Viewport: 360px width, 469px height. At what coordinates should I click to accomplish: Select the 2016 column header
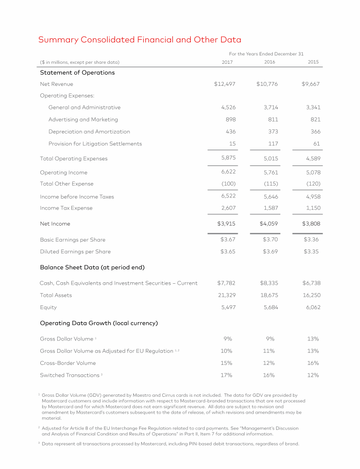[270, 62]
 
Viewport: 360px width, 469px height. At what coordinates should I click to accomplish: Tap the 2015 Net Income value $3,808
[311, 224]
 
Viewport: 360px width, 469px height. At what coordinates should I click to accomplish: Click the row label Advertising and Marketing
[83, 120]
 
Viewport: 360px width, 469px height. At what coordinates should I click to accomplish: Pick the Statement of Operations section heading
[77, 73]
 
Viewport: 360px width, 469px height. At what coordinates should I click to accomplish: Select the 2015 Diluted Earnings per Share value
[311, 251]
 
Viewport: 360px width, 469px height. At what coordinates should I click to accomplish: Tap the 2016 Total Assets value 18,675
[269, 295]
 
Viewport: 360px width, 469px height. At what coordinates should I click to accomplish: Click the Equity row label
[48, 307]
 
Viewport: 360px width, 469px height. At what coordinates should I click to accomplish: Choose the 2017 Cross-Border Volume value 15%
[226, 363]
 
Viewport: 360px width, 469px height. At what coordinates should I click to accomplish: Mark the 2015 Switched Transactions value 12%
[313, 375]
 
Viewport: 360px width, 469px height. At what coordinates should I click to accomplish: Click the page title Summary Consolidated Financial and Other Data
[140, 40]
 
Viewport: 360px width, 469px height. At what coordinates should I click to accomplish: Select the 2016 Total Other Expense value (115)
[269, 184]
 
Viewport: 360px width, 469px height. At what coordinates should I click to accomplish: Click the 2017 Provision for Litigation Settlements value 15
[232, 144]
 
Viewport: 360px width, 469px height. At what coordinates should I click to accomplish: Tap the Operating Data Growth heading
[98, 323]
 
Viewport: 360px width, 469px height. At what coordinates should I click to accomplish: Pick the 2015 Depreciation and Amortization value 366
[315, 132]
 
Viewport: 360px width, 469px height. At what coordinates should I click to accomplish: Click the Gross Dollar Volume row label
[67, 339]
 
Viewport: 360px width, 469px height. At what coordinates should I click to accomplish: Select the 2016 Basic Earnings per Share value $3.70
[269, 240]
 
